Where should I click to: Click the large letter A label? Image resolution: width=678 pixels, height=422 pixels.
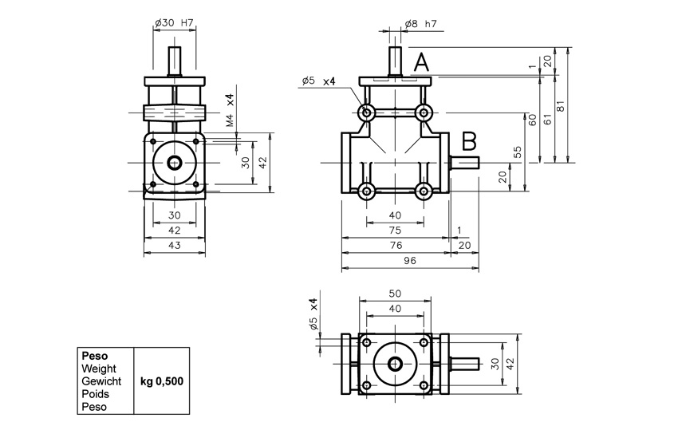421,63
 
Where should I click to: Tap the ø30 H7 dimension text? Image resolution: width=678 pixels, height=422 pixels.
174,23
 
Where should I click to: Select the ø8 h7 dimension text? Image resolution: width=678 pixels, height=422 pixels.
421,24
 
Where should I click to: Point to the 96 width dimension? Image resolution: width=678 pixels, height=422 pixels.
410,260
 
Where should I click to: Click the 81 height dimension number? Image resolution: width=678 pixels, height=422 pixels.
561,106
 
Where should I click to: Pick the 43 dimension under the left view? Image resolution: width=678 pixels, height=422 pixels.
174,245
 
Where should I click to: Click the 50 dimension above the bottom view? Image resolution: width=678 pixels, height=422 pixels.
395,294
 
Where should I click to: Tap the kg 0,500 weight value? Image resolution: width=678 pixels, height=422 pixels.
162,381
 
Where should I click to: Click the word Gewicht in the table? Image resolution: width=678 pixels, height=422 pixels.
101,381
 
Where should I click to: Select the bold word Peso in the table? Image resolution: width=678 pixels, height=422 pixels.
95,357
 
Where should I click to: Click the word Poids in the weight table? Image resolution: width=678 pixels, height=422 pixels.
95,394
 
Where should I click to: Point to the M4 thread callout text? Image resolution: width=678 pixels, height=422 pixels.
230,120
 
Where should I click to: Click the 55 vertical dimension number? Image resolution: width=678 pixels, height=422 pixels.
518,152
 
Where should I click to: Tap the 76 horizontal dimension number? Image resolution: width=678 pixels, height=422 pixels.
396,245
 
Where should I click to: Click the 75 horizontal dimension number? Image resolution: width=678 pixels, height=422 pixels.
395,230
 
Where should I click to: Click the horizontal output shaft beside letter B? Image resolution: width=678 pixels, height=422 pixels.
464,163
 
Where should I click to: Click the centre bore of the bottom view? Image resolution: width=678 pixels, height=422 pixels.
395,364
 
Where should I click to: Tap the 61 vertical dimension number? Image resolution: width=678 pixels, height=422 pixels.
548,119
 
